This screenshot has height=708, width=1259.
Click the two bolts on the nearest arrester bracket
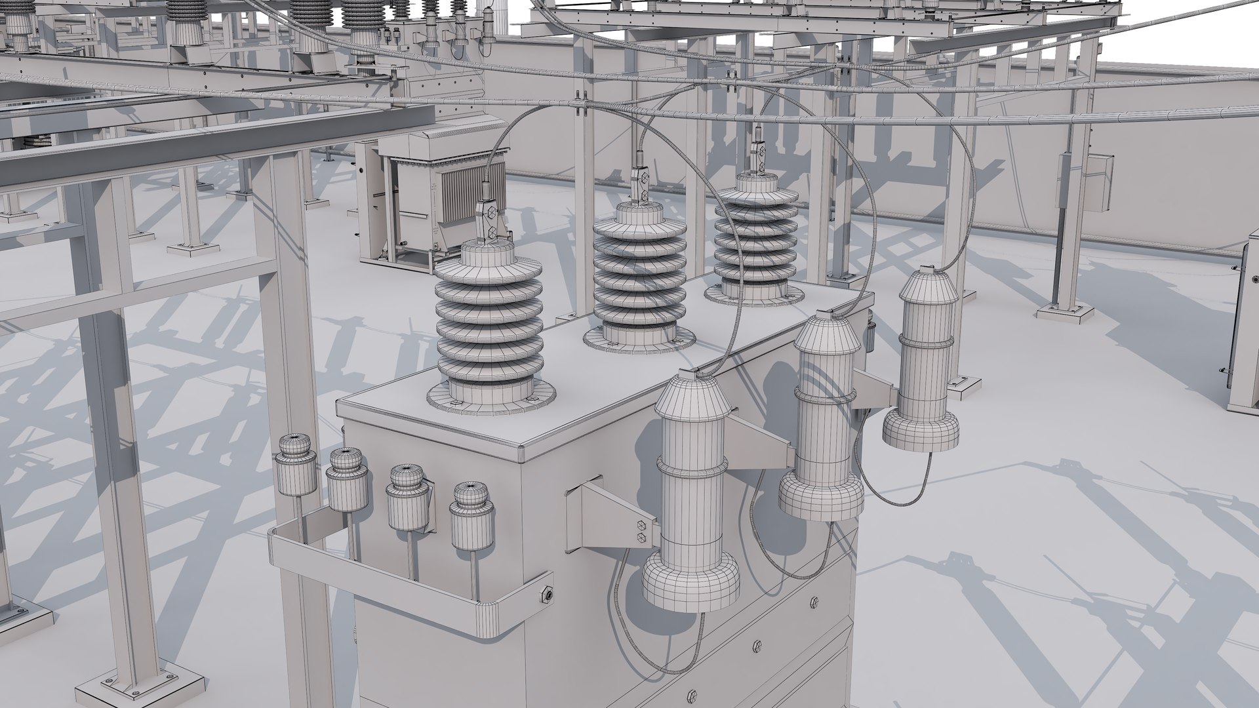[x=641, y=530]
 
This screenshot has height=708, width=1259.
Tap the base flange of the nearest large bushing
[x=490, y=397]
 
